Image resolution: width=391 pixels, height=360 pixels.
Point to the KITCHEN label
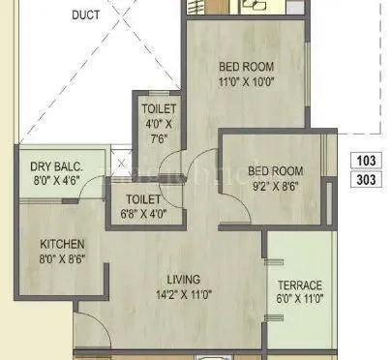(x=62, y=244)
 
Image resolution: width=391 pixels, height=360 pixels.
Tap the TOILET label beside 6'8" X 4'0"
(x=142, y=199)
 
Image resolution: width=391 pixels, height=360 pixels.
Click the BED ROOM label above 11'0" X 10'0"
(x=246, y=67)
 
